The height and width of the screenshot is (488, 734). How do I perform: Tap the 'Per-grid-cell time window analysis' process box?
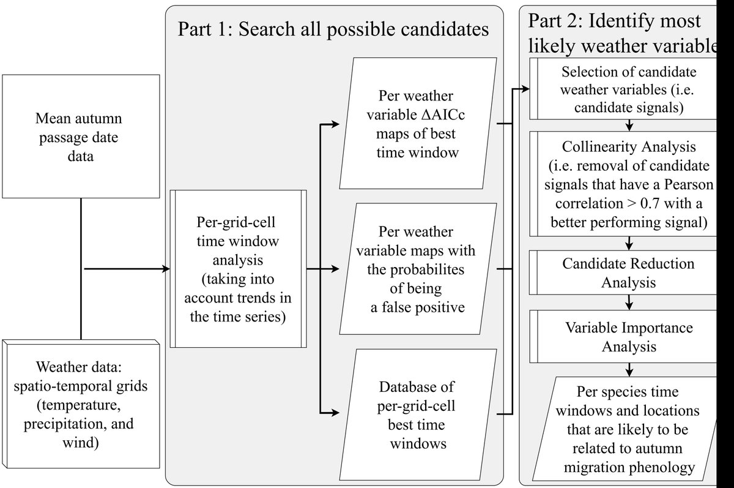tap(238, 269)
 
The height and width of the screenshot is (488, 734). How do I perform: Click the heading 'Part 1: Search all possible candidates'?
tap(333, 29)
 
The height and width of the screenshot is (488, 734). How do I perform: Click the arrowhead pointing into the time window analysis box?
tap(165, 269)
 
